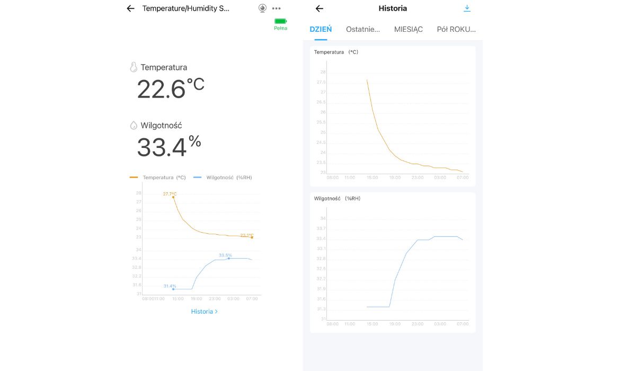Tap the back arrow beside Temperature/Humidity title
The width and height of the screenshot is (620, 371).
[130, 8]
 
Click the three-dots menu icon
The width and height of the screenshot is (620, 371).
[276, 8]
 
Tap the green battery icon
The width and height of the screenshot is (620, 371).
[280, 21]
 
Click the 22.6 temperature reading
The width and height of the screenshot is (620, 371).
[162, 89]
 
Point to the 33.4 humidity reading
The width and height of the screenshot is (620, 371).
[162, 147]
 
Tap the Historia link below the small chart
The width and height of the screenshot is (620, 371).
[204, 312]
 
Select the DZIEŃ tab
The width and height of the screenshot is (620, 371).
[321, 29]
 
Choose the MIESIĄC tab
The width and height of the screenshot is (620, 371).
[408, 29]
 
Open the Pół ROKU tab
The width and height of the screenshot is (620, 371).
[456, 29]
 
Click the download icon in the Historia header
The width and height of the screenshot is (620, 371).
[467, 8]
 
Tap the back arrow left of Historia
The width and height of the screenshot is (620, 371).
[319, 8]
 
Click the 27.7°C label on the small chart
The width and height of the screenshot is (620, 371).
[170, 194]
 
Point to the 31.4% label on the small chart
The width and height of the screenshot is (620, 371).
[170, 286]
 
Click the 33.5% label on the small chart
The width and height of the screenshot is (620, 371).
[225, 255]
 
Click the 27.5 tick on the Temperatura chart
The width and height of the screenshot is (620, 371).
[321, 82]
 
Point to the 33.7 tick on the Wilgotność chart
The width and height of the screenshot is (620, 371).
[321, 228]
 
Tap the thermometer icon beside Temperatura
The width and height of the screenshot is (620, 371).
[134, 67]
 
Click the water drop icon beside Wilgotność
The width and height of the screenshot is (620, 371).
[134, 126]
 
